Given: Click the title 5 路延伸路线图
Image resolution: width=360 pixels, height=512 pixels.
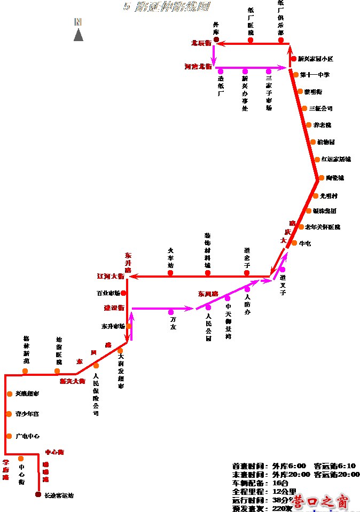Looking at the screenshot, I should tap(166, 7).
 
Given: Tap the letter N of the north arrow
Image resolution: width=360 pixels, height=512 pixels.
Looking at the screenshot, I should tap(78, 22).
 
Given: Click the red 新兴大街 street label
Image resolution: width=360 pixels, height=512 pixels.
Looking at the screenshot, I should tap(73, 381).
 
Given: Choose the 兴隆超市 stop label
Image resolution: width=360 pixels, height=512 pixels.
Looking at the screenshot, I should tap(33, 394).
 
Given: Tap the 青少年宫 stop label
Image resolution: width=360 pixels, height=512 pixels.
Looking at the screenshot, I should tap(32, 414).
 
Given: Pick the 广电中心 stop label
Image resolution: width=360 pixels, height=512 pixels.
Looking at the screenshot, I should tap(33, 436).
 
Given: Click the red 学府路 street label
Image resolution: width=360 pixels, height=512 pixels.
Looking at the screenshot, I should tap(6, 470).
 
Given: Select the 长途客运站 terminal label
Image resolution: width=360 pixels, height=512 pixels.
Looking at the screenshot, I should tap(65, 496).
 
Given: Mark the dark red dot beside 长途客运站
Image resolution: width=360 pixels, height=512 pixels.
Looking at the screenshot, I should tap(38, 494).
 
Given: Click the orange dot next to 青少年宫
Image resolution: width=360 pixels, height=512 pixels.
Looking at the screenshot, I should tap(9, 414).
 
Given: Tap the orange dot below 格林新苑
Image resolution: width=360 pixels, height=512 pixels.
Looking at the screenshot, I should tap(25, 371).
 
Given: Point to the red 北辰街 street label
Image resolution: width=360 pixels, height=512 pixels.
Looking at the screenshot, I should tap(201, 43).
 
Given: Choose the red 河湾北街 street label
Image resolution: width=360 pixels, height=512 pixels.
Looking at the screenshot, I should tap(198, 67).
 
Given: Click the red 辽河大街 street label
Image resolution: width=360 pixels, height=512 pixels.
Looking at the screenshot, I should tap(111, 277).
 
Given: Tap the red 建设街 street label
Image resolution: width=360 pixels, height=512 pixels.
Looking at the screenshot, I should tap(114, 308).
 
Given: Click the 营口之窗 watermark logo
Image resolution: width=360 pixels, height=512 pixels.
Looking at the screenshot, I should tap(320, 502).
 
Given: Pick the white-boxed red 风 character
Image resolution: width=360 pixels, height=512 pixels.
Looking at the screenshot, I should tap(93, 352).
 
